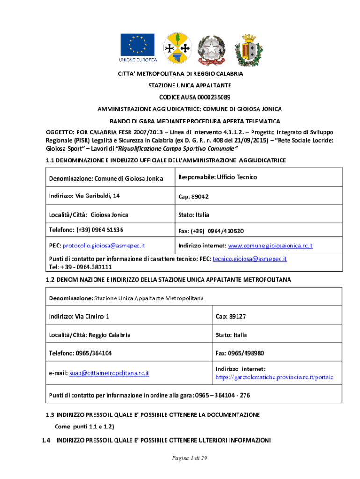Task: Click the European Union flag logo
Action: tap(138, 48)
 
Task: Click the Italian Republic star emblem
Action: tap(211, 49)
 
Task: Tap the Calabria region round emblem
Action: tap(177, 49)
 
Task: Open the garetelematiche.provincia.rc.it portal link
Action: tap(274, 377)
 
